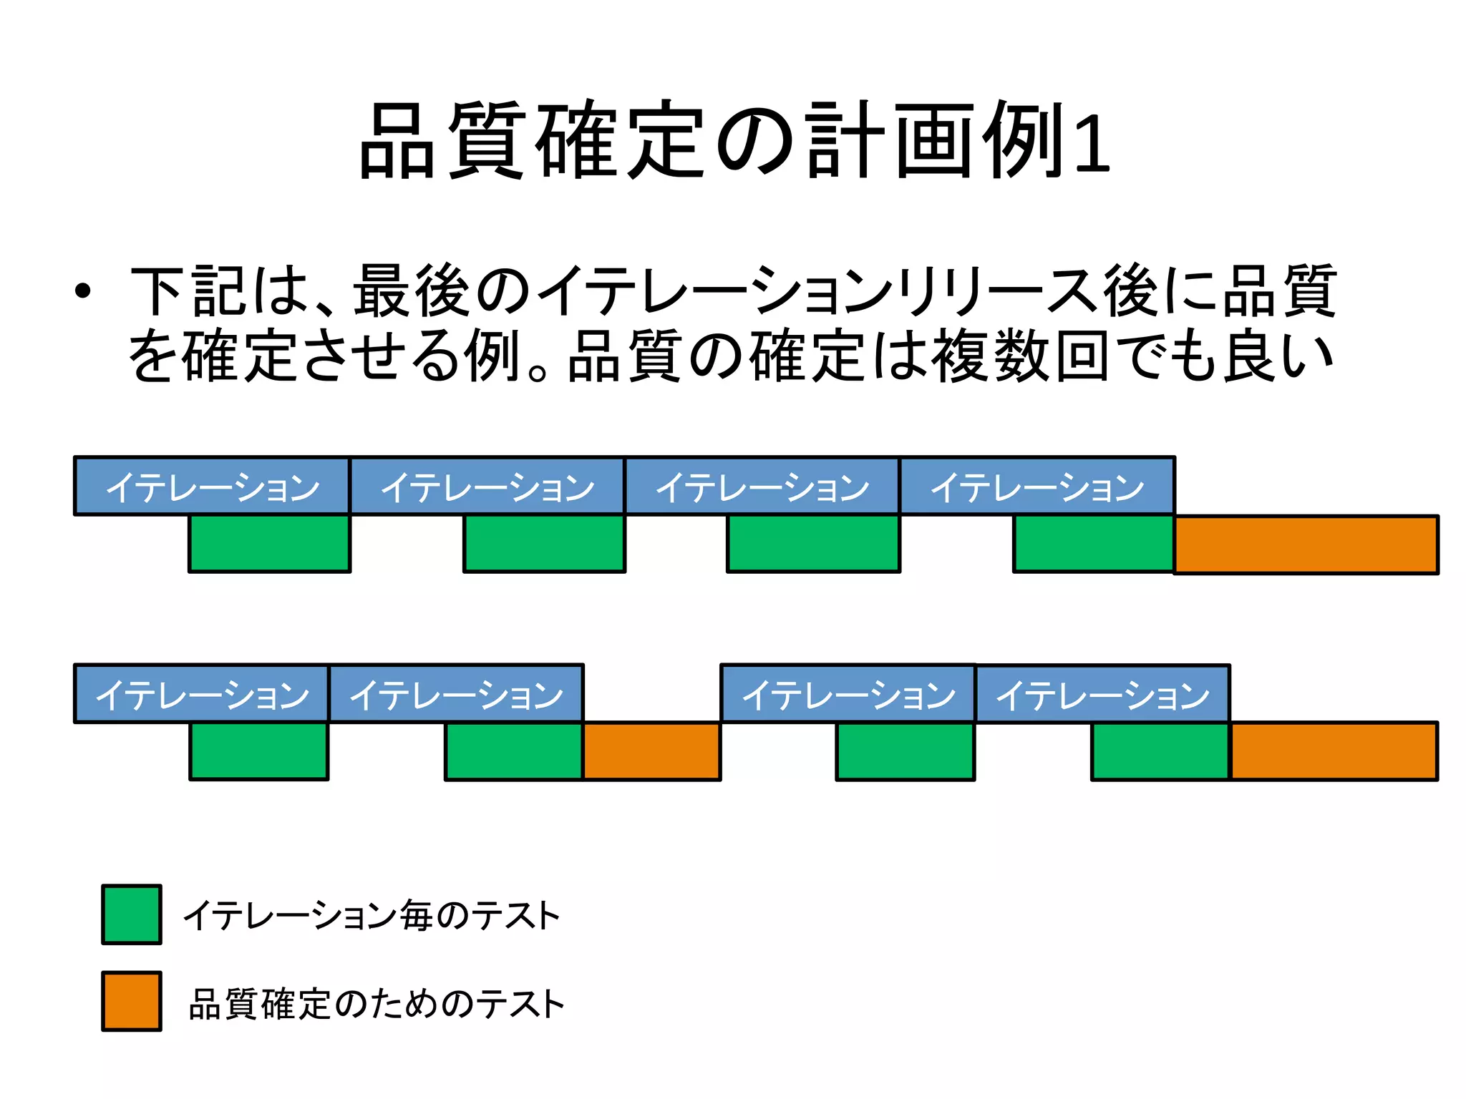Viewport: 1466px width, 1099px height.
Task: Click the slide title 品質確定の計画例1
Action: (x=734, y=141)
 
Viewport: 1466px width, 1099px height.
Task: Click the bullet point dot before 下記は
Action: (x=83, y=290)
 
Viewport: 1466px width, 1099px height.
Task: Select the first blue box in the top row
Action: (x=212, y=486)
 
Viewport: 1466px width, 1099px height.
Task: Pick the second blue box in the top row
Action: (x=487, y=486)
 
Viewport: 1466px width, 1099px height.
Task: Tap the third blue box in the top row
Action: (x=762, y=486)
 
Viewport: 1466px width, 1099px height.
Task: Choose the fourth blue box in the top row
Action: (x=1037, y=486)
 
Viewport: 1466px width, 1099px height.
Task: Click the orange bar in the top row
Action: (x=1306, y=544)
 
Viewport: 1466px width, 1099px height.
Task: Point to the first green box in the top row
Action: (x=269, y=544)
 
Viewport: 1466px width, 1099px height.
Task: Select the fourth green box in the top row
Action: (x=1094, y=544)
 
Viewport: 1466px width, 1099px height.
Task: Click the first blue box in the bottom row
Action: (x=201, y=693)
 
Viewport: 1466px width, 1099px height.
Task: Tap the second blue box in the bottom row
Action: (x=456, y=693)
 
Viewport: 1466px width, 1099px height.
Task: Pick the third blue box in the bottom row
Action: (x=848, y=693)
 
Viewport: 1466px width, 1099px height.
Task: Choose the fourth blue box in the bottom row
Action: (x=1102, y=693)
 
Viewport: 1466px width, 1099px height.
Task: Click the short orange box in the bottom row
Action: (x=651, y=751)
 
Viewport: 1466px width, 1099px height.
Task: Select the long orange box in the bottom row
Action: (x=1334, y=751)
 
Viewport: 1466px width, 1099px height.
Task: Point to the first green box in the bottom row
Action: (x=258, y=751)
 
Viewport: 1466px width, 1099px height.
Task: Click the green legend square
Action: (x=132, y=914)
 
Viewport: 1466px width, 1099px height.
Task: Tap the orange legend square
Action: (x=132, y=1001)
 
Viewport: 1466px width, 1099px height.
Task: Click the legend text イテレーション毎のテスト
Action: (x=372, y=915)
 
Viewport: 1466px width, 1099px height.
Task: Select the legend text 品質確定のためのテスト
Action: (x=377, y=1003)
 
